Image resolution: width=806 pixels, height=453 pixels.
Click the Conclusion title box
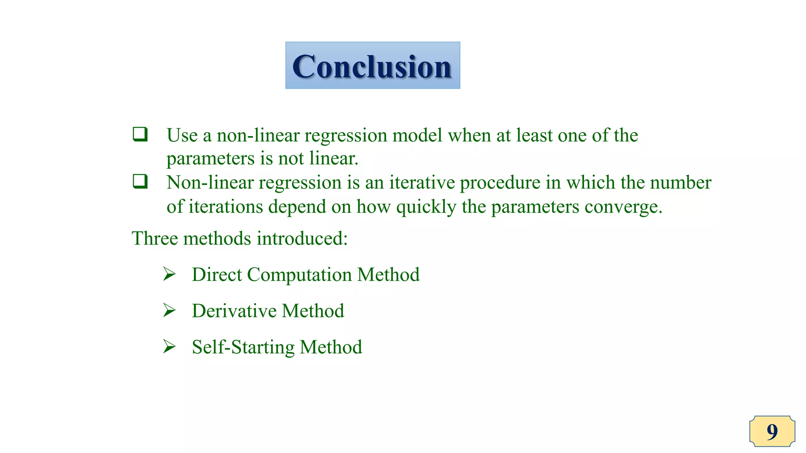[x=372, y=65]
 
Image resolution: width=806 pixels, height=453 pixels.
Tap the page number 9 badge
[x=772, y=431]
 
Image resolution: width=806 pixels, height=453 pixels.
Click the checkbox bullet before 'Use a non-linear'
[x=140, y=134]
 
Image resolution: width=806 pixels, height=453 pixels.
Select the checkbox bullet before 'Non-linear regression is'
[x=140, y=181]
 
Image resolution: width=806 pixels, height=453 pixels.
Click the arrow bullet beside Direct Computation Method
[x=169, y=274]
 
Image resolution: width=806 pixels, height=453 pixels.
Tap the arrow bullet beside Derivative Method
[x=169, y=310]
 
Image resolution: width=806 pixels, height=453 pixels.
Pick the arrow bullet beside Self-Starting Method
[x=169, y=346]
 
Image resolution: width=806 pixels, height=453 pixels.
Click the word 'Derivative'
[x=234, y=311]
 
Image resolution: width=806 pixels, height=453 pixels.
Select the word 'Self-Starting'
[x=243, y=347]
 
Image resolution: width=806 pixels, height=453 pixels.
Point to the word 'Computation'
[x=299, y=274]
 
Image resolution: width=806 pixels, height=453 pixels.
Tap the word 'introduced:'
[x=302, y=238]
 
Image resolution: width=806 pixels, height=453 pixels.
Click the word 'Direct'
[x=216, y=274]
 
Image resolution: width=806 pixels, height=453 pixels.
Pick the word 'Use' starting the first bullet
[x=182, y=135]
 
